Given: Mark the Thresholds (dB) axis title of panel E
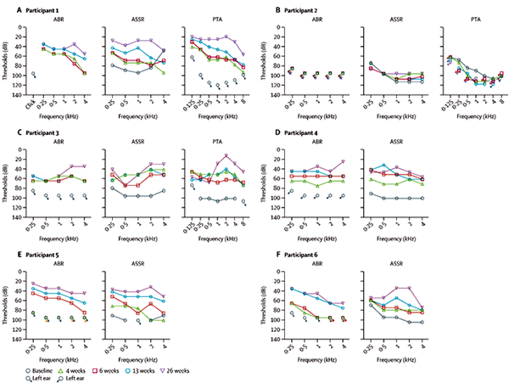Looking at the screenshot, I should click(7, 306).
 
